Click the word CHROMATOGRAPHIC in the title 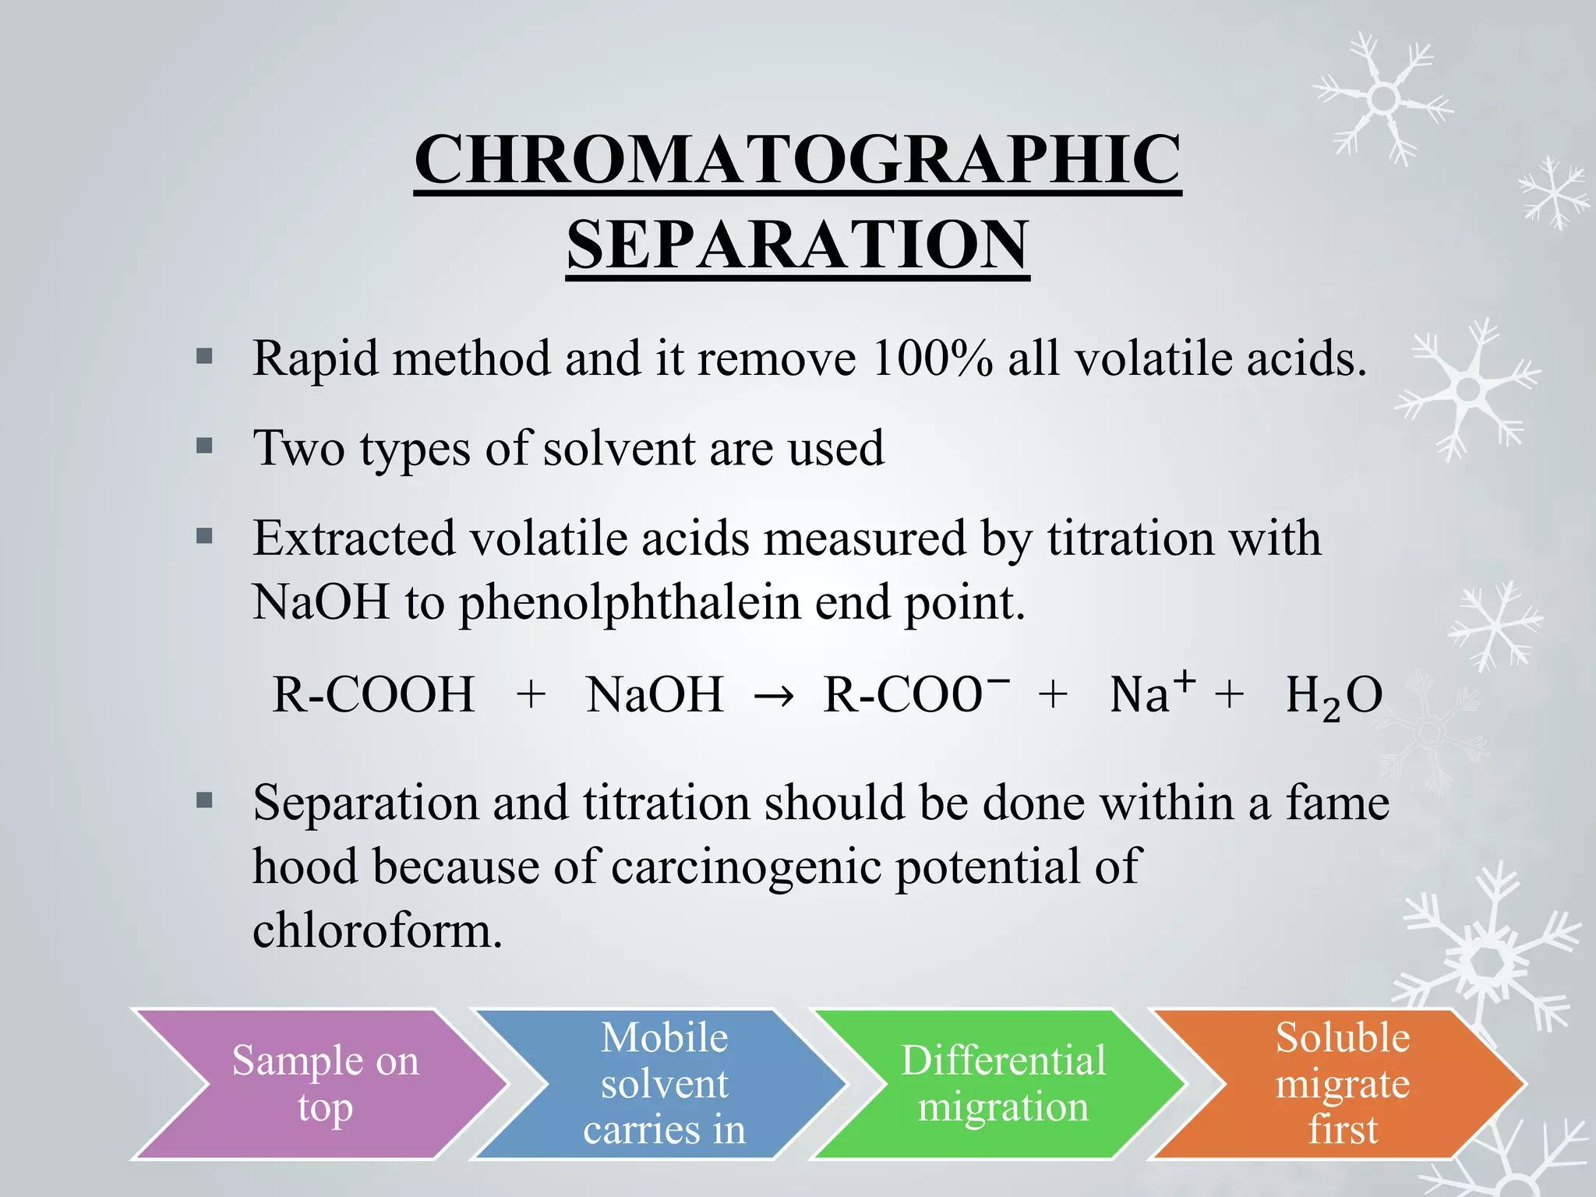pyautogui.click(x=797, y=160)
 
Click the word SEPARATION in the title pyautogui.click(x=797, y=245)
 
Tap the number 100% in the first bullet pyautogui.click(x=932, y=359)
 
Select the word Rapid pyautogui.click(x=315, y=359)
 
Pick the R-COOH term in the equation pyautogui.click(x=373, y=694)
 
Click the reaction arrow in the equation pyautogui.click(x=773, y=696)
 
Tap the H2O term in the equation pyautogui.click(x=1333, y=696)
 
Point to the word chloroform pyautogui.click(x=377, y=930)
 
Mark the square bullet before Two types pyautogui.click(x=204, y=447)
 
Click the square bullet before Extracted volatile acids pyautogui.click(x=204, y=536)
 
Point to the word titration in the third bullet pyautogui.click(x=1130, y=538)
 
